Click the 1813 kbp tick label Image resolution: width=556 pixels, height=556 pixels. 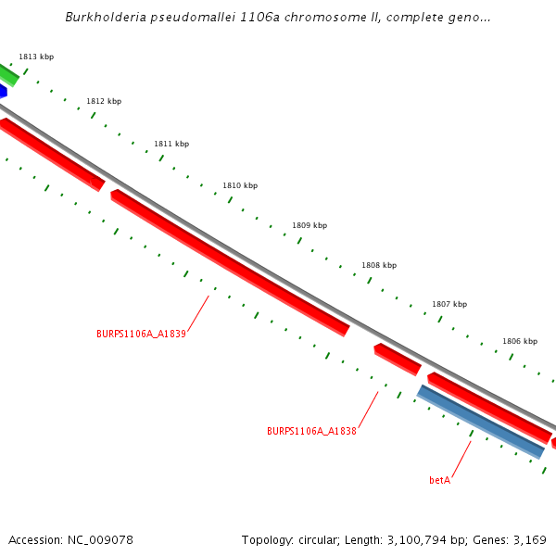36,57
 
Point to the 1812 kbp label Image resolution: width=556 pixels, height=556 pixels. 104,102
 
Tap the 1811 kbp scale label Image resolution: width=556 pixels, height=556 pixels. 171,145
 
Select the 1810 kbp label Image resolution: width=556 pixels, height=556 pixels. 240,186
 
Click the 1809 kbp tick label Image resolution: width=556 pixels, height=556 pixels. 310,226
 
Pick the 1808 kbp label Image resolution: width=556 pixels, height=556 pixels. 379,266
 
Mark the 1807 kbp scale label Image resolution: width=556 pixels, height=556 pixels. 449,305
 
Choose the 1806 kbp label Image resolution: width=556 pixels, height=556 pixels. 520,342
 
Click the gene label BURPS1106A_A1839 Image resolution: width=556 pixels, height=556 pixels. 141,335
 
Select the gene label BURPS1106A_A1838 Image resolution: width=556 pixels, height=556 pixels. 311,432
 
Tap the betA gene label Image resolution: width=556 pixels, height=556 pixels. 439,481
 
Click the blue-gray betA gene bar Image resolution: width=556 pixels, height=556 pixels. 480,422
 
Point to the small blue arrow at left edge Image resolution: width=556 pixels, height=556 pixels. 3,92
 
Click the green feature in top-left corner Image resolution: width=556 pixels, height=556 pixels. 8,74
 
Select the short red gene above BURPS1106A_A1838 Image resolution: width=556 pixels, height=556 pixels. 398,359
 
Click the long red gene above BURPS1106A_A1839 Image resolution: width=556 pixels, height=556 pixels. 230,262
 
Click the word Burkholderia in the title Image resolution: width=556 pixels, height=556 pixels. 103,18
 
